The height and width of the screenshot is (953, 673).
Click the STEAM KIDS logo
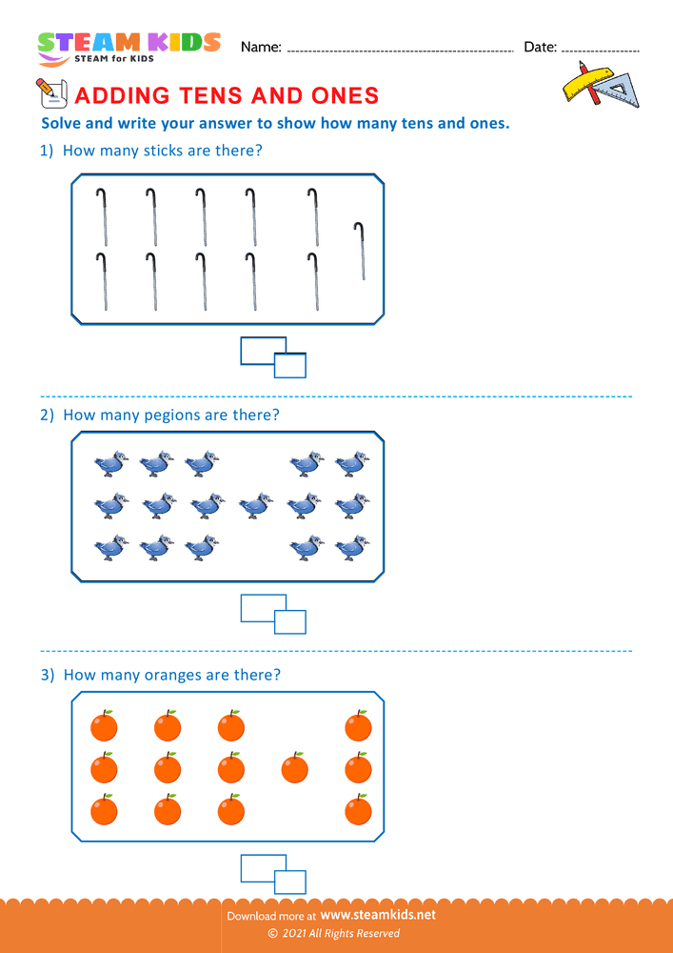(x=129, y=46)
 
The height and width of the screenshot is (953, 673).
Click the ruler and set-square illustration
(x=600, y=84)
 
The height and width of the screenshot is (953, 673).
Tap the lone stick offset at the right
(x=360, y=252)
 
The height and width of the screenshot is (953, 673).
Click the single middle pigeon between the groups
(x=254, y=505)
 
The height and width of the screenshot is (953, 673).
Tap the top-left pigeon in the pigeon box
(x=110, y=464)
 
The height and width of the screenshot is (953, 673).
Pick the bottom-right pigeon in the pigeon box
(x=352, y=547)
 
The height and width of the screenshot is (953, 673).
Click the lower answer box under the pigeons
(x=290, y=622)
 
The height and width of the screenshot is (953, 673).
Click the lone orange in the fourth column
(x=295, y=766)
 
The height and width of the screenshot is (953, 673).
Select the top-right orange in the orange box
(x=358, y=726)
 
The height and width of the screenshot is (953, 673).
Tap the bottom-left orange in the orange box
(x=104, y=810)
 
